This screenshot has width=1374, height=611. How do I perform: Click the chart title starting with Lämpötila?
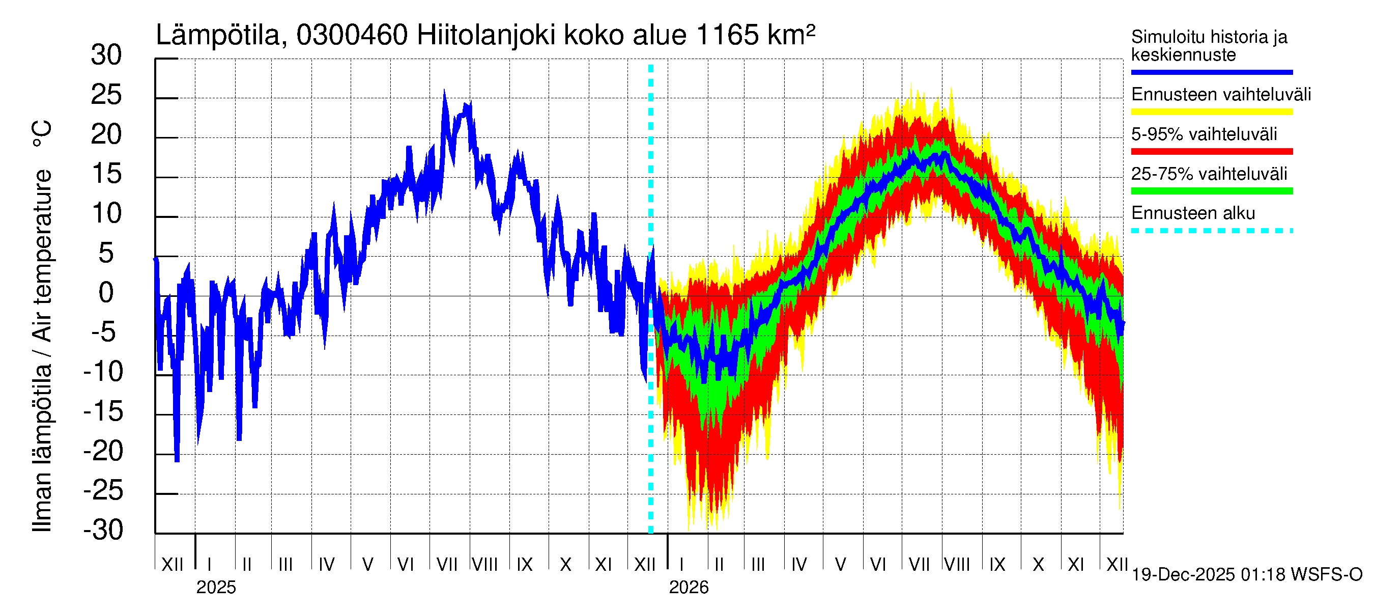coord(485,36)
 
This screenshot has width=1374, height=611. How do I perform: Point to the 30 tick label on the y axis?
coord(106,55)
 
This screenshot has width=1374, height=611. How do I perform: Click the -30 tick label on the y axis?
coord(103,530)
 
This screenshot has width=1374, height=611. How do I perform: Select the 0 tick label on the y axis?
coord(106,293)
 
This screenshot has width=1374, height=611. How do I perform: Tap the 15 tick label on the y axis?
coord(106,175)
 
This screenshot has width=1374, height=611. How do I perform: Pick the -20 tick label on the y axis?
coord(103,452)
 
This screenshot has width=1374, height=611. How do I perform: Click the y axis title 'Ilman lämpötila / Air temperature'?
coord(42,325)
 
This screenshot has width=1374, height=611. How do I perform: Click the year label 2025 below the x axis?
coord(215,588)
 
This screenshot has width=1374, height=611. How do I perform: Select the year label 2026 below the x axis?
coord(688,588)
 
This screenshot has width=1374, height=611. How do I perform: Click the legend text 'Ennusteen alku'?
coord(1193,213)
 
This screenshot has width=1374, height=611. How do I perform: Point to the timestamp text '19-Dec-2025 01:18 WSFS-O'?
coord(1246,575)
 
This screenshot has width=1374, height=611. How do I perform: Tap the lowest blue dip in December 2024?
coord(177,460)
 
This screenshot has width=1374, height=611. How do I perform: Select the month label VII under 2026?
coord(919,565)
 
